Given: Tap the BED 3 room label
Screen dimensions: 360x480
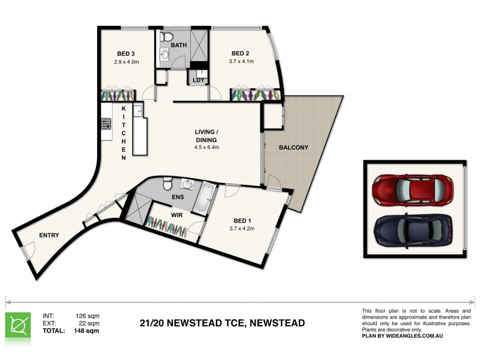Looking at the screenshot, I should click(x=126, y=52).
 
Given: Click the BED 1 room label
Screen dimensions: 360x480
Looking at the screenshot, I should click(x=242, y=220).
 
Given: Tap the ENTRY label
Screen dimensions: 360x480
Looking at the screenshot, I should click(x=49, y=235).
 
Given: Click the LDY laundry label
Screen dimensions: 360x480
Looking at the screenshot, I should click(x=198, y=80).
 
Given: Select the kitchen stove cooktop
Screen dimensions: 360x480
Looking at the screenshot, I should click(x=106, y=124).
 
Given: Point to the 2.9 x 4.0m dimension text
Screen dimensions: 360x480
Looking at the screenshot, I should click(x=126, y=61).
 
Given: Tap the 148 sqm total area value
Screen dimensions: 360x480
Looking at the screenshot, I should click(x=88, y=330).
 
